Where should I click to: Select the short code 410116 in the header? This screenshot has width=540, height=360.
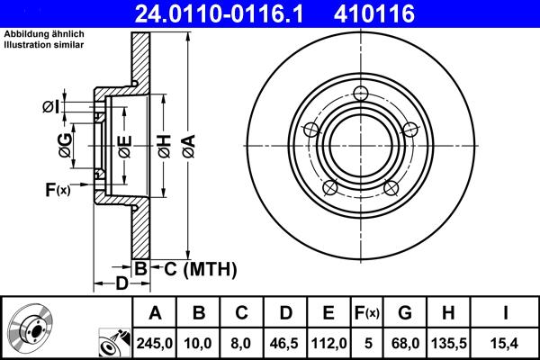(402, 13)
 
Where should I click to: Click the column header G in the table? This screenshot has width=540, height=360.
(405, 312)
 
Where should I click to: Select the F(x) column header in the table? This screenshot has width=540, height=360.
(368, 312)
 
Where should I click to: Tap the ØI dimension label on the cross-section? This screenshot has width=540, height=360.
(50, 107)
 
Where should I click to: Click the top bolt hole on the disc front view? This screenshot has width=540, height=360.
(361, 94)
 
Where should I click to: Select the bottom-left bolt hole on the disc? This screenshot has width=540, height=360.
(330, 187)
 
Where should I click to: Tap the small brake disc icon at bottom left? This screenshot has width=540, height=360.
(32, 330)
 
